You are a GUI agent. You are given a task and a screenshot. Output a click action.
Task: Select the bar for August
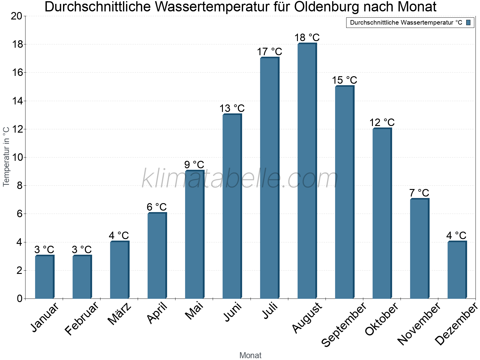(307, 171)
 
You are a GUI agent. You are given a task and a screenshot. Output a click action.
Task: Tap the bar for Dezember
(457, 270)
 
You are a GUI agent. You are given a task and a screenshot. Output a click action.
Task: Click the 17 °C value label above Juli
(269, 52)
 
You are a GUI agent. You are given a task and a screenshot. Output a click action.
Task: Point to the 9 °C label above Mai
(194, 165)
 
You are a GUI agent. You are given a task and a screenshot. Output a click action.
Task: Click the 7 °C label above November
(419, 193)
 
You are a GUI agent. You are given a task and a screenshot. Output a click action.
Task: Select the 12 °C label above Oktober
(382, 122)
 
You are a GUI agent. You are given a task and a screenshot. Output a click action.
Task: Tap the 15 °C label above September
(344, 80)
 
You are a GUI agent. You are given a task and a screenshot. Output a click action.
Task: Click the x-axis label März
(119, 314)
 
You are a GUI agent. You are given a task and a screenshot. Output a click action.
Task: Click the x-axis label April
(157, 313)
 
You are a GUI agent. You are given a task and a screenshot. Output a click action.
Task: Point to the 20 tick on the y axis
(16, 16)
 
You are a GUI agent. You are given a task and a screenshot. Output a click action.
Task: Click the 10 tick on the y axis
(16, 157)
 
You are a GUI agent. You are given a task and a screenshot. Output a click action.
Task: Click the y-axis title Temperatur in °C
(6, 156)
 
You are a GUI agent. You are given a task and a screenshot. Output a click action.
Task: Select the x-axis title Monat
(250, 355)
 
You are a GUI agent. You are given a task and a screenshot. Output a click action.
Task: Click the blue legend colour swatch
(468, 22)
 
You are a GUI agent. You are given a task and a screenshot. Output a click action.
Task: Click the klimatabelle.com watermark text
(240, 178)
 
